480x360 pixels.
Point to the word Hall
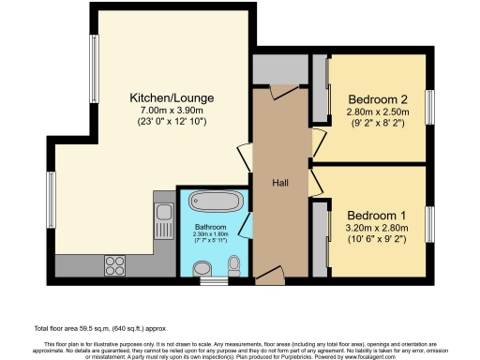[x=280, y=183]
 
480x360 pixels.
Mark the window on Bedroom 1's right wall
[x=430, y=221]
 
